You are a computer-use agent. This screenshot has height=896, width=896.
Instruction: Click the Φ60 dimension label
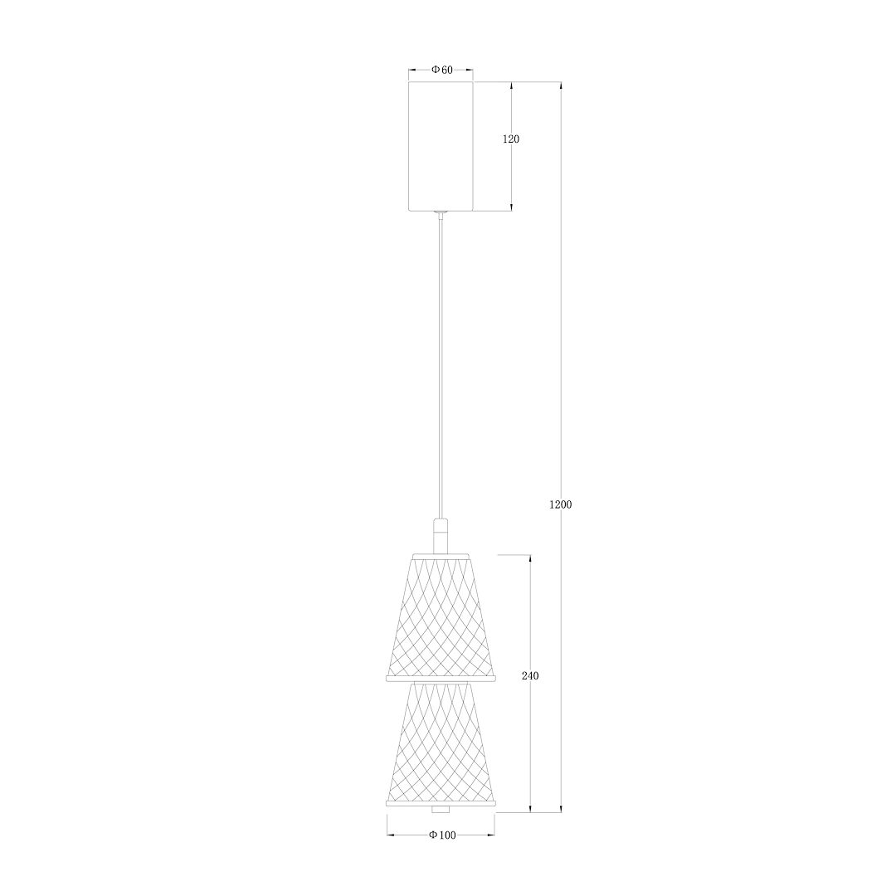coord(441,70)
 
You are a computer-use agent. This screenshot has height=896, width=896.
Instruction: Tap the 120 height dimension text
coord(511,139)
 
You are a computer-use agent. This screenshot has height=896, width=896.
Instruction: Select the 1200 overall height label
coord(560,504)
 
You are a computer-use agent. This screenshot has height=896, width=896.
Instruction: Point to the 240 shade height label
coord(530,676)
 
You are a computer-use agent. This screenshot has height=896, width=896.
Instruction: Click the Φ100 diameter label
coord(442,835)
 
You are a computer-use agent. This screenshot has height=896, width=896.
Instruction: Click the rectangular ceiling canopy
coord(441,146)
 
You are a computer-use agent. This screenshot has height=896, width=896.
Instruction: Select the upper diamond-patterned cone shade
coord(441,618)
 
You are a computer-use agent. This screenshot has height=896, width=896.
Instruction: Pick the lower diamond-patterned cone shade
coord(441,743)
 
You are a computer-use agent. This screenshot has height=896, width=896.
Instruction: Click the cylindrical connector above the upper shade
coord(440,536)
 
